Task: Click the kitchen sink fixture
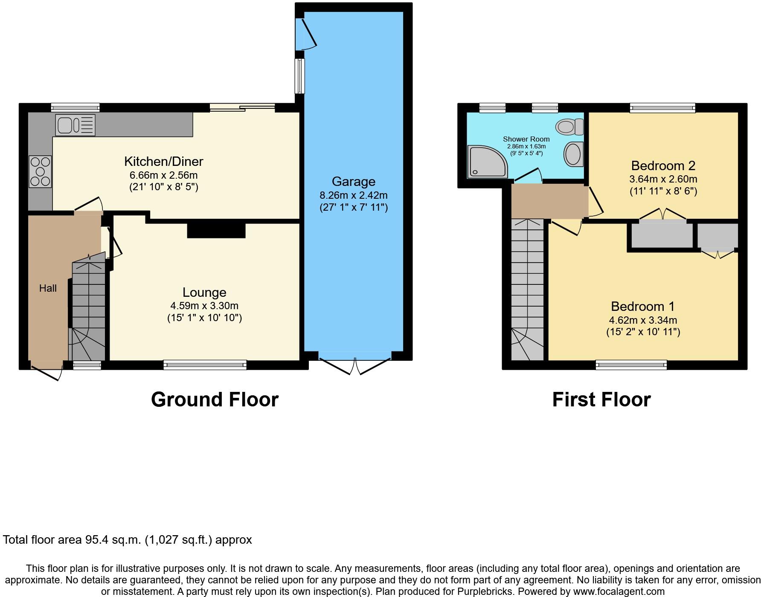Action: (75, 125)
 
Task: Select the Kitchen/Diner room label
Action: (163, 161)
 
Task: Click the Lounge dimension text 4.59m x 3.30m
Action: (204, 306)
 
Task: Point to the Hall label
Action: (48, 288)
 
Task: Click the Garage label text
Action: (353, 182)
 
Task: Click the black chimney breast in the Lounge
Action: (216, 230)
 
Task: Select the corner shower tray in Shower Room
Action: (487, 162)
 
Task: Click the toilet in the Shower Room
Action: (569, 126)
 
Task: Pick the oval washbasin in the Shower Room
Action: (573, 154)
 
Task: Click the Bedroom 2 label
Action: (663, 165)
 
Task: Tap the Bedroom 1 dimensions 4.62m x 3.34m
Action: (643, 320)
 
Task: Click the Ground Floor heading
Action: (215, 400)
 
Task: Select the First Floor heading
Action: (601, 400)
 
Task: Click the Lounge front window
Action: (205, 365)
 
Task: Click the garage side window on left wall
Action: (300, 76)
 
